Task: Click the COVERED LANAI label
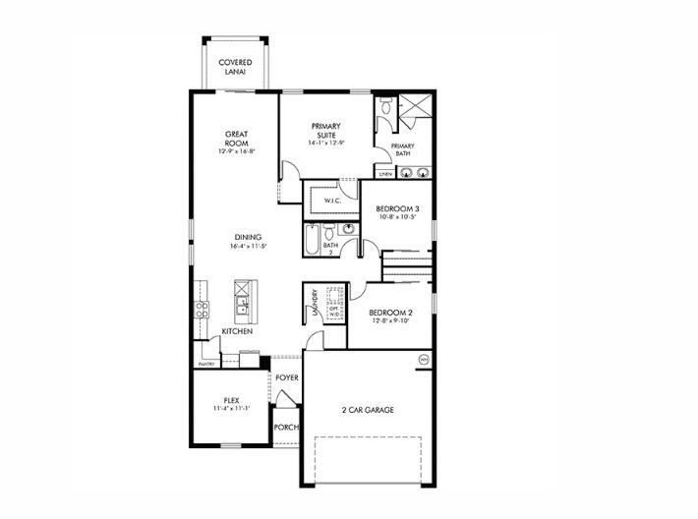tap(236, 67)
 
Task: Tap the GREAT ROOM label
tap(236, 138)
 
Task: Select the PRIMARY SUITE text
tap(325, 130)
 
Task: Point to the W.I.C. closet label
tap(332, 202)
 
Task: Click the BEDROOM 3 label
tap(398, 209)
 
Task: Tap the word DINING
tap(249, 236)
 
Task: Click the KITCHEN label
tap(237, 331)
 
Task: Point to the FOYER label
tap(287, 376)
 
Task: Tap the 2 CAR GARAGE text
tap(369, 409)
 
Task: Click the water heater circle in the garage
tap(424, 360)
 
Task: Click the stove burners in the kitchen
tap(203, 310)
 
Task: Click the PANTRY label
tap(206, 364)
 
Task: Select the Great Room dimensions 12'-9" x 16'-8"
tap(236, 151)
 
